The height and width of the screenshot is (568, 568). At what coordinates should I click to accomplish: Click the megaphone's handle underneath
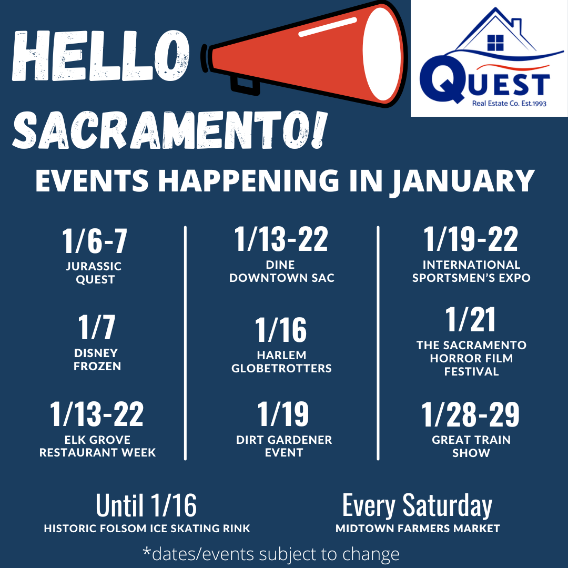pyautogui.click(x=245, y=85)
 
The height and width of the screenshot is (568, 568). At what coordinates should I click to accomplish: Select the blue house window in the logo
pyautogui.click(x=495, y=43)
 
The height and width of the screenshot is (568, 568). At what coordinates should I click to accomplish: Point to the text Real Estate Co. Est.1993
pyautogui.click(x=509, y=104)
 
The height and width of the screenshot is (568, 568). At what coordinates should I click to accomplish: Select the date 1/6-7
pyautogui.click(x=95, y=241)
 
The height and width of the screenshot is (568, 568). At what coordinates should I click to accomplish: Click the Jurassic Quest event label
pyautogui.click(x=94, y=273)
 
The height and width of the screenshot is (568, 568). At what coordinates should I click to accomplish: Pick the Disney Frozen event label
pyautogui.click(x=97, y=360)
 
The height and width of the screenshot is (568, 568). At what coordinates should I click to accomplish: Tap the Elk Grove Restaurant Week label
pyautogui.click(x=97, y=446)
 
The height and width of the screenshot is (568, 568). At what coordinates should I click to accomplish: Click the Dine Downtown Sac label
pyautogui.click(x=281, y=271)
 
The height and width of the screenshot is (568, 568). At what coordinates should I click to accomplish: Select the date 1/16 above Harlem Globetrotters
pyautogui.click(x=281, y=330)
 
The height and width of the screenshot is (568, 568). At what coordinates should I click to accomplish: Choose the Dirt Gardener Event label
pyautogui.click(x=284, y=446)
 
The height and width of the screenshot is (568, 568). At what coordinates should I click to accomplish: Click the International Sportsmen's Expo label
pyautogui.click(x=471, y=271)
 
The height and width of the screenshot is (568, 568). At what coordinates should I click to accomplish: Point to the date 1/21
pyautogui.click(x=471, y=320)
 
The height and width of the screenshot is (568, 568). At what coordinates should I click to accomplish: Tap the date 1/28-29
pyautogui.click(x=471, y=414)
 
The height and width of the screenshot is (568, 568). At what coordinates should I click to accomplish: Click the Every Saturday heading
pyautogui.click(x=417, y=505)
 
